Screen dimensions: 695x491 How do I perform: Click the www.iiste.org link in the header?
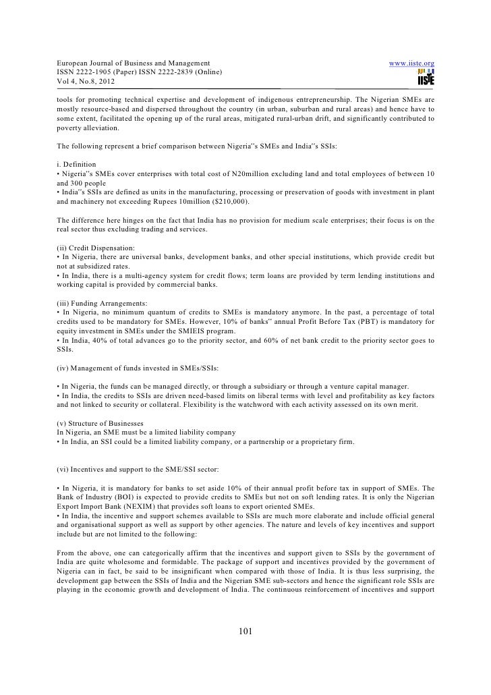tap(411, 64)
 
